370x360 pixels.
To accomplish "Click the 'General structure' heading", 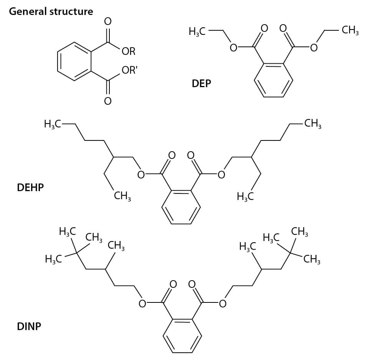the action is (51, 12).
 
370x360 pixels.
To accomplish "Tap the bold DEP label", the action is (201, 84).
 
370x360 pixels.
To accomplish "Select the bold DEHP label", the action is (30, 188).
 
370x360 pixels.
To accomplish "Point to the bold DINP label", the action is (29, 327).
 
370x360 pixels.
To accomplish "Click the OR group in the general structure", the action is (129, 51).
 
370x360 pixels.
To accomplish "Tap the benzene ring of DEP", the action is (254, 80).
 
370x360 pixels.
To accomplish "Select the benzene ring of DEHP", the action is (162, 207).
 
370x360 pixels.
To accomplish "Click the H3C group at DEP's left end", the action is (197, 31).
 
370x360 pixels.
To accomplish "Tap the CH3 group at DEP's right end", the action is (350, 30).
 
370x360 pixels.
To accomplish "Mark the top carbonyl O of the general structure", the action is (108, 21).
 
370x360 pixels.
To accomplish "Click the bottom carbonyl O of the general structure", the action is (108, 101).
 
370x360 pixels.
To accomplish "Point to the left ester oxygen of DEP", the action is (233, 48).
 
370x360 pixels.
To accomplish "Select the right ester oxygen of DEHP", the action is (221, 175).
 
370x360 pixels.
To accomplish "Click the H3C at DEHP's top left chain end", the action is (52, 124).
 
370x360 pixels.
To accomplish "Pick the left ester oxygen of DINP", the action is (142, 304).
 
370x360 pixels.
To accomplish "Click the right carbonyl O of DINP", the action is (192, 284).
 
